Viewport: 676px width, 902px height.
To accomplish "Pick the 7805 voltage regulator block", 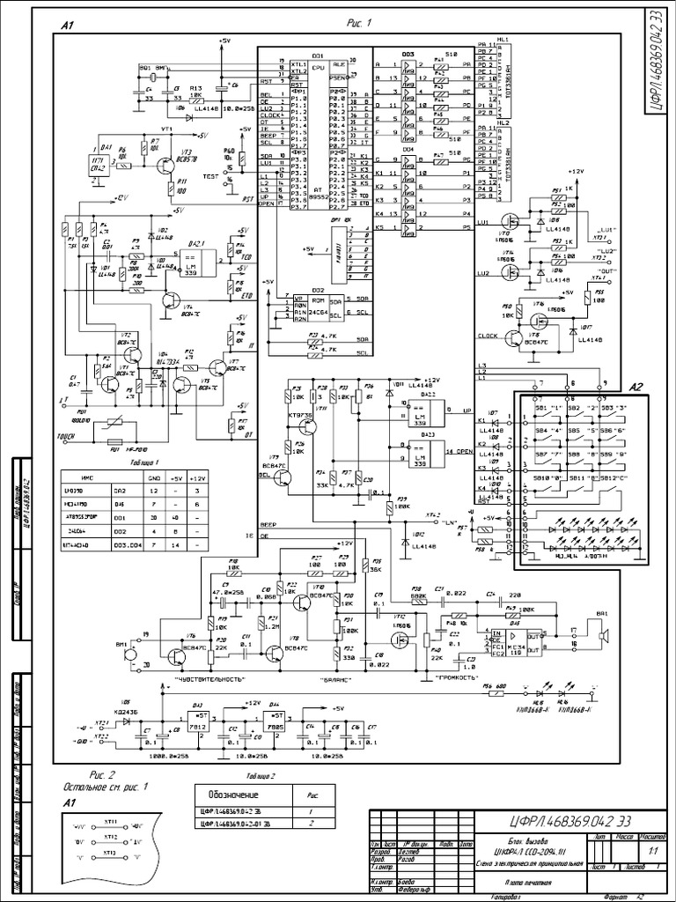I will pos(276,723).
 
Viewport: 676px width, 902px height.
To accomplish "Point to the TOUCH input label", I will pos(67,435).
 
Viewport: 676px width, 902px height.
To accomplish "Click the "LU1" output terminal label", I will pos(603,229).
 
